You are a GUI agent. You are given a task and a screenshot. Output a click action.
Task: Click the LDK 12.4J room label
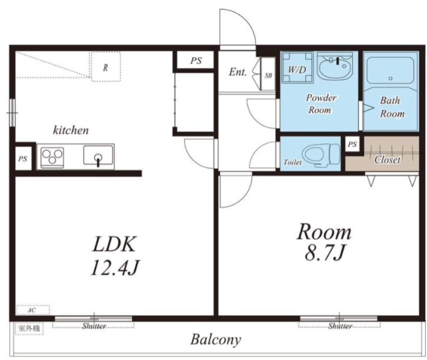[114, 256]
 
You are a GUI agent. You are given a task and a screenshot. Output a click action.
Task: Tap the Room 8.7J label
[324, 242]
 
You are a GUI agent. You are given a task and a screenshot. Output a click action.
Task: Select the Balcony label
[216, 339]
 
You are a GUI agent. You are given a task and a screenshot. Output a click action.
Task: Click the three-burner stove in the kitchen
[52, 157]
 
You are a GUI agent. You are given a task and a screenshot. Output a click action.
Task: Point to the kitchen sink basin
[98, 156]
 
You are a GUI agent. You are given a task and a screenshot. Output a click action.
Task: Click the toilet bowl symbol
[322, 154]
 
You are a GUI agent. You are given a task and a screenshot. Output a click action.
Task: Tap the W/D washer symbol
[297, 67]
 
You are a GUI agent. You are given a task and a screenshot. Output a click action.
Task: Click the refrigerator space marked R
[105, 67]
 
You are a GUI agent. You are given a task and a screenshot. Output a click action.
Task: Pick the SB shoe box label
[268, 75]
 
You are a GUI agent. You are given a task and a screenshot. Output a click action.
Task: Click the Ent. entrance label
[238, 72]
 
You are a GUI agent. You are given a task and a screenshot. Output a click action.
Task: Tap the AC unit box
[33, 310]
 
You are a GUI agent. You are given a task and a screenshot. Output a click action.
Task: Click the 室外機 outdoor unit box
[29, 329]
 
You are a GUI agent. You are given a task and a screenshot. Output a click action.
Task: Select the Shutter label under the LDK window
[94, 326]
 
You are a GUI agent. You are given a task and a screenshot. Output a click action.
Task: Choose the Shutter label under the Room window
[340, 326]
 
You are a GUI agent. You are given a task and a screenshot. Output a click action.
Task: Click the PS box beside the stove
[23, 158]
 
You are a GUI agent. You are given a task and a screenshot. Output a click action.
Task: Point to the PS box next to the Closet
[352, 144]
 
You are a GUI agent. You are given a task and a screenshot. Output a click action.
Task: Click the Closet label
[387, 160]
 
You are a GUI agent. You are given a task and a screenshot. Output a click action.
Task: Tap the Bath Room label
[392, 107]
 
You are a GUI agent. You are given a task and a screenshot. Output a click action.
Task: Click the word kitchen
[71, 130]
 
